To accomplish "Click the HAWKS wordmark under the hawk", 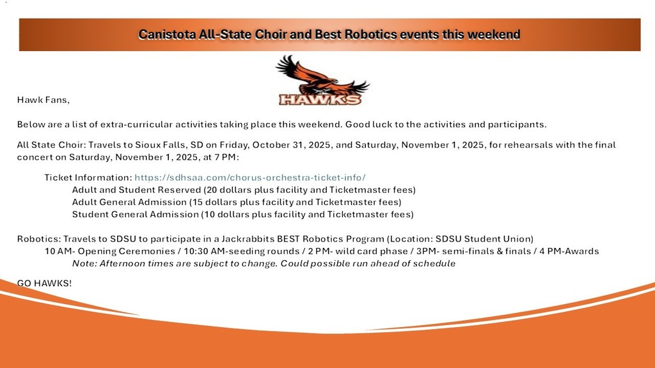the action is pos(320,99).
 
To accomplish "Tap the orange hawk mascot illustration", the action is pos(322,75).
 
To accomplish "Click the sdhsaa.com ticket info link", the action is pos(250,178).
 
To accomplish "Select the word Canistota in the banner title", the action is pos(167,34).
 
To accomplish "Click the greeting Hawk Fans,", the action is pos(43,100).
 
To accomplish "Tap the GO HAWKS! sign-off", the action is pos(44,283).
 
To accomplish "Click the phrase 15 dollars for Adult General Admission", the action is pos(215,202).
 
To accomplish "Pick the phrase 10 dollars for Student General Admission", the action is pos(226,214).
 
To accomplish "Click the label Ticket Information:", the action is pos(88,178).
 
